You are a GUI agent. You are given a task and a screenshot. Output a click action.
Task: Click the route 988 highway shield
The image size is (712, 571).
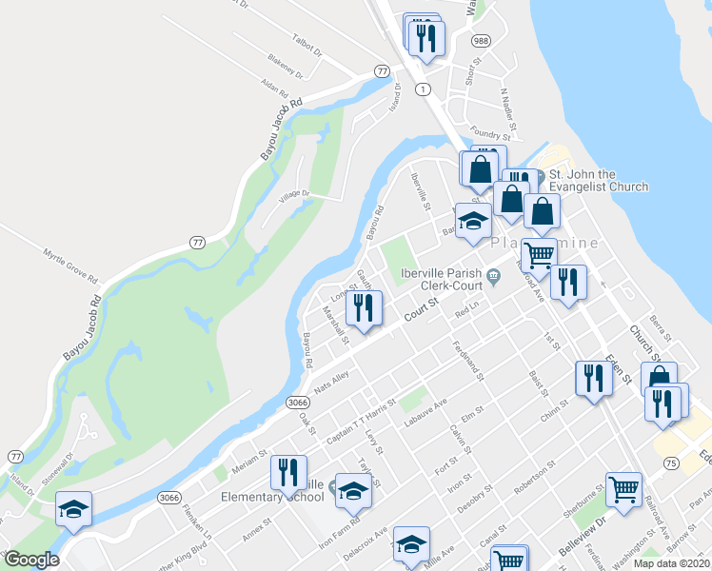coord(481,41)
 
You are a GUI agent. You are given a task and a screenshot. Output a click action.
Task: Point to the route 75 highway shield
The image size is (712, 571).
coord(671,463)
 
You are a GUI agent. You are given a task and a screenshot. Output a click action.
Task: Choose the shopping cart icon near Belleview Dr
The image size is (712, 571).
coord(624,490)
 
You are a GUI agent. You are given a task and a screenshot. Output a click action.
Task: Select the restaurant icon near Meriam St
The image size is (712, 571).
coord(287,472)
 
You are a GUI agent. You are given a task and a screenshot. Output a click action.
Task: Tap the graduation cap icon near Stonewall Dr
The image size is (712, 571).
coord(72,508)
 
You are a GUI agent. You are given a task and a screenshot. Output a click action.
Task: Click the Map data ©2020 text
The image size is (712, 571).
coord(671,563)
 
